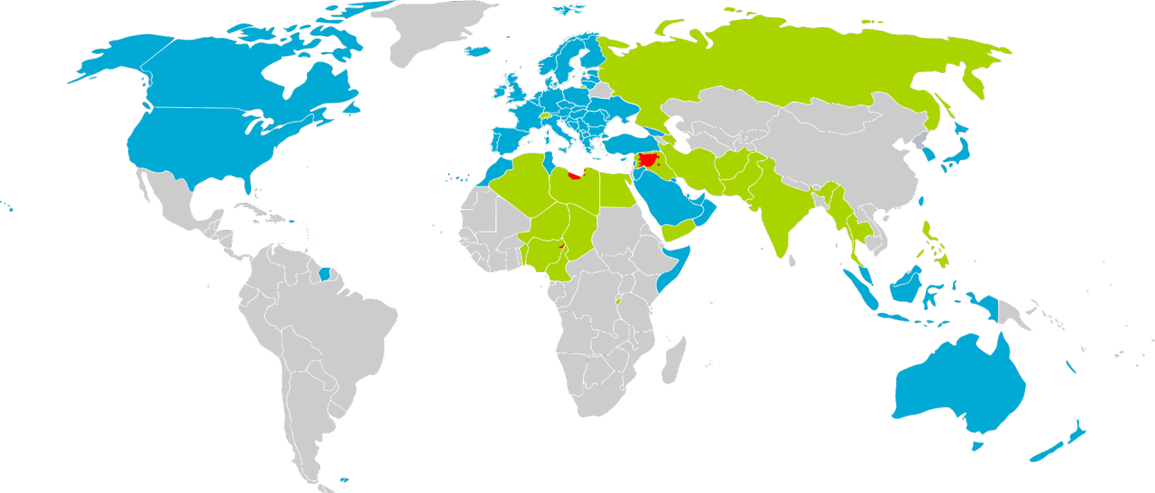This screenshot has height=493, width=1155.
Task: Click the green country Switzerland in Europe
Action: pos(544,115)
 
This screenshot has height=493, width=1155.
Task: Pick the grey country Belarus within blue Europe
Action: pos(600,91)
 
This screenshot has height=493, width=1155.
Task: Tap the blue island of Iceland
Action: pos(479,51)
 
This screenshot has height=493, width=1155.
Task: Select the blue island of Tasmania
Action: pos(975,444)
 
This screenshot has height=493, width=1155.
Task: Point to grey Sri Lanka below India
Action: pos(792,260)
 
